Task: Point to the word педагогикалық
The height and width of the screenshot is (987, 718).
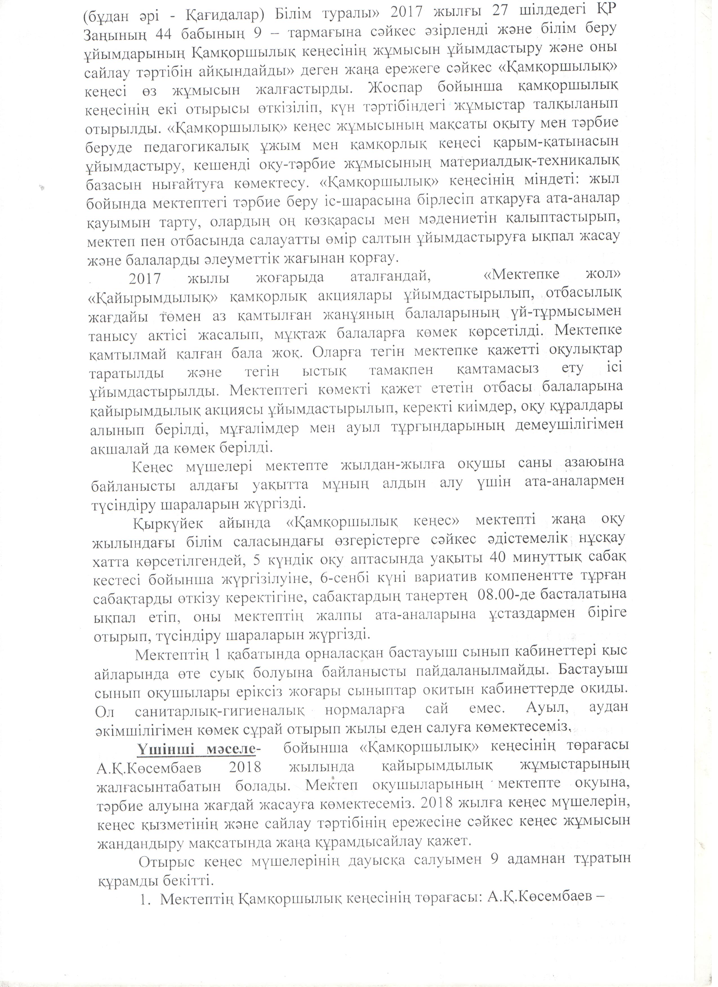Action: [197, 144]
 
